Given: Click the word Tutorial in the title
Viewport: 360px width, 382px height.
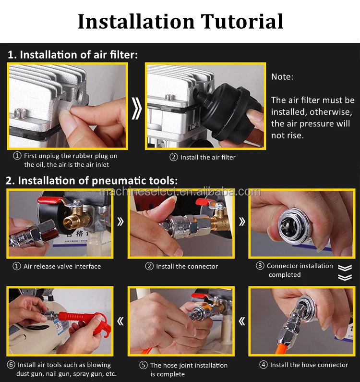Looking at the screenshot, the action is [242, 22].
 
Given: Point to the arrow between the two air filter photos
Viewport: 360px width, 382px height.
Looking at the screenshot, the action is [136, 109].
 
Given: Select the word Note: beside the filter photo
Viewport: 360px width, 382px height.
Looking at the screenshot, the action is [282, 77].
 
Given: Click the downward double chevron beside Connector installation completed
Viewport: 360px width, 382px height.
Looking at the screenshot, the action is [345, 272].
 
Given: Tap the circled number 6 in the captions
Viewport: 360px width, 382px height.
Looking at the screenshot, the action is [11, 365].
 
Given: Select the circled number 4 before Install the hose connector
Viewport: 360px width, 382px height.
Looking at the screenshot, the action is [264, 365].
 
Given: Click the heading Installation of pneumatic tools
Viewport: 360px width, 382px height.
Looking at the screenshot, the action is [92, 181].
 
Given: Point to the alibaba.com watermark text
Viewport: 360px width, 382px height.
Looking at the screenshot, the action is [180, 192].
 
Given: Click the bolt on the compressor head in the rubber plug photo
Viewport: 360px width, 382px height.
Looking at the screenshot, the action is [20, 113].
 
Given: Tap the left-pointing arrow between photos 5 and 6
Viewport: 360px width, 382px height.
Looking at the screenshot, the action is [120, 321].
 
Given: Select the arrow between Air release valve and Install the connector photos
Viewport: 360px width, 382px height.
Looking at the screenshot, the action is [120, 222].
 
